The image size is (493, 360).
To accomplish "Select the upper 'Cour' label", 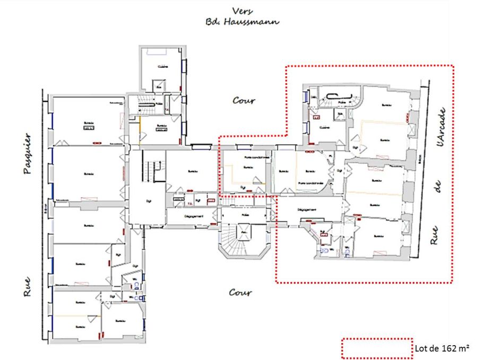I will pyautogui.click(x=244, y=100).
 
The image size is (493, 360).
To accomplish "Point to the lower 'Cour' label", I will pyautogui.click(x=240, y=292).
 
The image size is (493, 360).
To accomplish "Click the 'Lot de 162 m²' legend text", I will pyautogui.click(x=442, y=348).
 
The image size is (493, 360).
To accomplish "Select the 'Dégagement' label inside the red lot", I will pyautogui.click(x=307, y=209).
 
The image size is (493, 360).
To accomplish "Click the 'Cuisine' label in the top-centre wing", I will pyautogui.click(x=162, y=66).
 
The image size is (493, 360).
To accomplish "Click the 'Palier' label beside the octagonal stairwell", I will pyautogui.click(x=245, y=215).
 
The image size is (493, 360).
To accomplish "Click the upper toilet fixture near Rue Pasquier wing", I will pyautogui.click(x=136, y=285).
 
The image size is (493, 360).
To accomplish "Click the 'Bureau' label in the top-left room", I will pyautogui.click(x=87, y=123).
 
